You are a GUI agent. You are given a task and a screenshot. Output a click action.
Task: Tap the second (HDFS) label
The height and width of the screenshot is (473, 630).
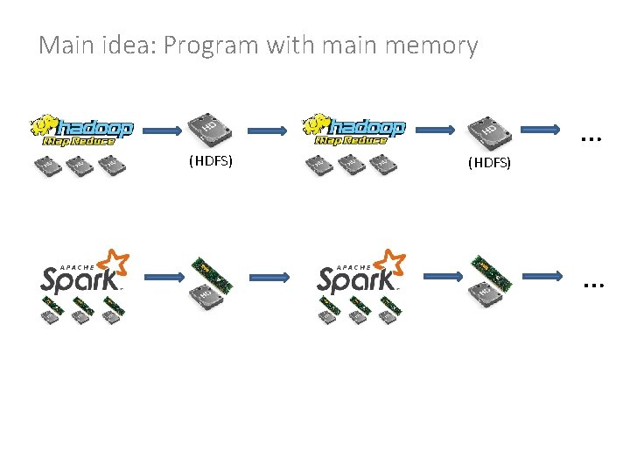489,163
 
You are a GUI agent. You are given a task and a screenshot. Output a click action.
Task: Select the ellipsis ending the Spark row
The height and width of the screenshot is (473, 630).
593,284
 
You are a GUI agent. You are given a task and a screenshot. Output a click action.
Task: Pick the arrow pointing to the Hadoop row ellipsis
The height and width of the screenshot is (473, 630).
535,131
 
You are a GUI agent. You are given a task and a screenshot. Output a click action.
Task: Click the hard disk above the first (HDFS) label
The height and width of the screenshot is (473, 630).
210,130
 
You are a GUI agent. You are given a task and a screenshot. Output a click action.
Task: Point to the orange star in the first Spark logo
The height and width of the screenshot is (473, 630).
114,263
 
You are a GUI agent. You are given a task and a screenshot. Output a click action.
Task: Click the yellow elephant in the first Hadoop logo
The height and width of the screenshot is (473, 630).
41,125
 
